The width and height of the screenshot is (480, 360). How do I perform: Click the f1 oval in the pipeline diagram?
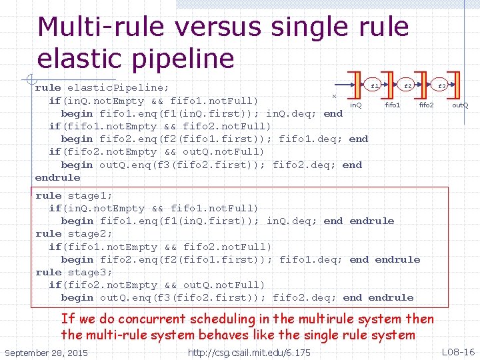pos(375,86)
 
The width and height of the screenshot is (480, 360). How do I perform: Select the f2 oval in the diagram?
pos(408,86)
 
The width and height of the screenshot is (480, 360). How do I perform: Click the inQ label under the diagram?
pos(356,105)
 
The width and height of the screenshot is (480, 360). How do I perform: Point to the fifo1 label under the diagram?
pos(393,105)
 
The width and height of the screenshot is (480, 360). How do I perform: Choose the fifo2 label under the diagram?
pos(426,105)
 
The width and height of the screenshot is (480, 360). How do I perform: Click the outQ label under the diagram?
pos(460,105)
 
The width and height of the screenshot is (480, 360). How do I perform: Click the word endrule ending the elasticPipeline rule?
pos(57,178)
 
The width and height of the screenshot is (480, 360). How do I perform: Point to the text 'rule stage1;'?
pos(74,196)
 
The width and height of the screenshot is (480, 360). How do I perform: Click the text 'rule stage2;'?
pos(74,234)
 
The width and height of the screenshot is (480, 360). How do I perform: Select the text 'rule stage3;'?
pos(74,273)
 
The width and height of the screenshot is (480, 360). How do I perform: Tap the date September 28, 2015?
pos(46,352)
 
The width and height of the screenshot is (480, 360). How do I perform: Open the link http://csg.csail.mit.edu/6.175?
pos(249,352)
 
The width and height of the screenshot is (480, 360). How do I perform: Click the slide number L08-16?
pos(457,351)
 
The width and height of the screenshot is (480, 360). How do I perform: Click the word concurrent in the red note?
pos(167,320)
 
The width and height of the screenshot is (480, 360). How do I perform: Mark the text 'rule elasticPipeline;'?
pos(102,88)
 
